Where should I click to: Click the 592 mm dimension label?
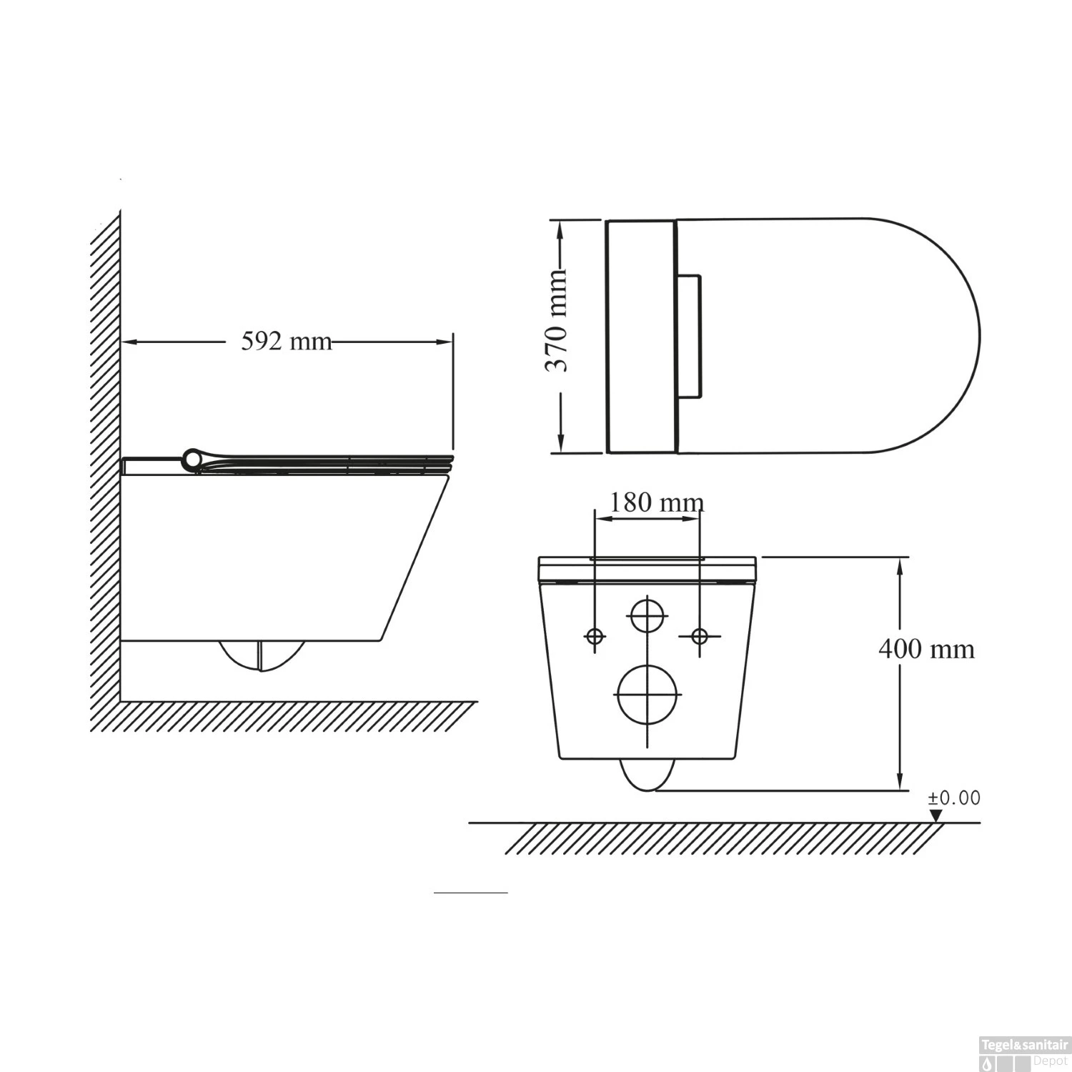pos(286,342)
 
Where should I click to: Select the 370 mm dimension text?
pos(557,321)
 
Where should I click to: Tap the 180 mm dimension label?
pos(655,502)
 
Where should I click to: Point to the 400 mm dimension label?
pos(926,649)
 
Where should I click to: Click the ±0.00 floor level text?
pos(954,798)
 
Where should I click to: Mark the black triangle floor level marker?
pos(935,815)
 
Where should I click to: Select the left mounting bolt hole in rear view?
pos(595,635)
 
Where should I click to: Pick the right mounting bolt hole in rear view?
pos(700,635)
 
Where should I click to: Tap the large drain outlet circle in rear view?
pos(647,694)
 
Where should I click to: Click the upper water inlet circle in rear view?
pos(647,615)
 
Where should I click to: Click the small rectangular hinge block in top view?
pos(689,335)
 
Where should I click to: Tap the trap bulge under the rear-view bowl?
pos(647,775)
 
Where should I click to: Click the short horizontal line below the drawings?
pos(470,893)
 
